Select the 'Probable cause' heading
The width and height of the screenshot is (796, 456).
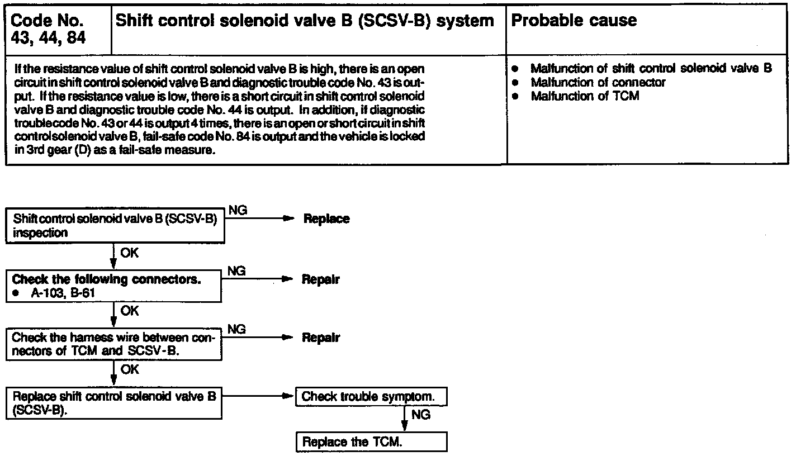point(574,21)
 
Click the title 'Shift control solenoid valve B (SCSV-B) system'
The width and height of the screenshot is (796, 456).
point(304,21)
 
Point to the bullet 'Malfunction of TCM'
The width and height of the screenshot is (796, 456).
point(585,96)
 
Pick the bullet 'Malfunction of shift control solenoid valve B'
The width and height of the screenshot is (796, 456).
point(651,68)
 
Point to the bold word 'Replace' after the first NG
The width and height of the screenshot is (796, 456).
point(326,218)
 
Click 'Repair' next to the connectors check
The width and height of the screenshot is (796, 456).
point(321,279)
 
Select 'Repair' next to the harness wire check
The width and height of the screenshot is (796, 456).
point(321,338)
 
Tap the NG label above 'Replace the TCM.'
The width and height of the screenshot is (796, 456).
point(420,415)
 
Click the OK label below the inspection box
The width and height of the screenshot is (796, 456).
point(129,253)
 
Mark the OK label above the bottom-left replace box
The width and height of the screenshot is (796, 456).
point(129,369)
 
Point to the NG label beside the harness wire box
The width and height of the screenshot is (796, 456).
point(237,329)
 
